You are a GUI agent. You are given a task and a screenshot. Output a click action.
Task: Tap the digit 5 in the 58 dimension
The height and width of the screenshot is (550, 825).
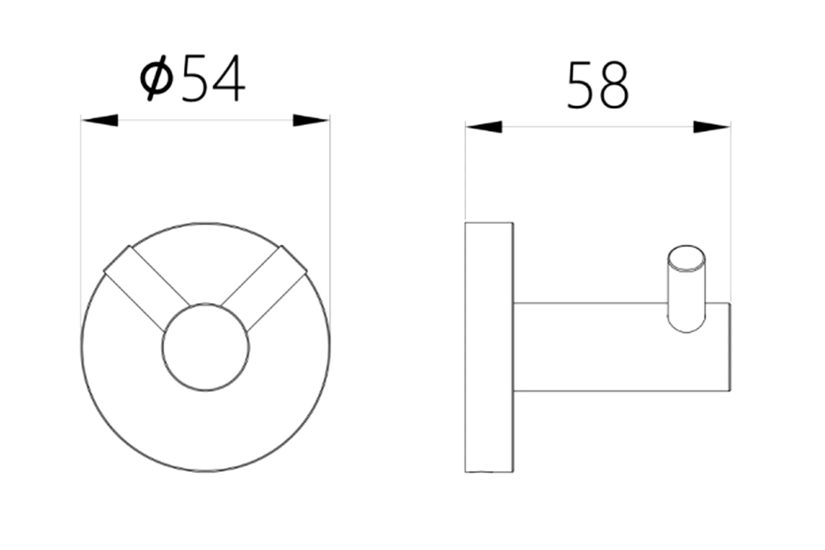[x=582, y=86]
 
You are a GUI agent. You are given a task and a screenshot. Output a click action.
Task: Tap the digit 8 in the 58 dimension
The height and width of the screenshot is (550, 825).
[x=613, y=86]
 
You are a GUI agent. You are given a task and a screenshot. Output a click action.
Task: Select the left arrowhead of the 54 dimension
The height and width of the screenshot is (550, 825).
[x=100, y=120]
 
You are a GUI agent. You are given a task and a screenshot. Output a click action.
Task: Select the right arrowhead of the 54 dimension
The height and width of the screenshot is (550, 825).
[x=310, y=120]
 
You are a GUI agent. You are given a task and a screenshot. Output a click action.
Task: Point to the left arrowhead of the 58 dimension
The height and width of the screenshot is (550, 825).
[x=484, y=127]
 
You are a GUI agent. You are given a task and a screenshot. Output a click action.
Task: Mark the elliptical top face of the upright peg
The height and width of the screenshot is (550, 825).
[x=686, y=258]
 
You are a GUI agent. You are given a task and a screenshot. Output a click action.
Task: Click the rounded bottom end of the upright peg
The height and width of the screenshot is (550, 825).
[x=686, y=326]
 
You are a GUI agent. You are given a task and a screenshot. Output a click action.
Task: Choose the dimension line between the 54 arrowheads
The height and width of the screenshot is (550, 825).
[x=206, y=120]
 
